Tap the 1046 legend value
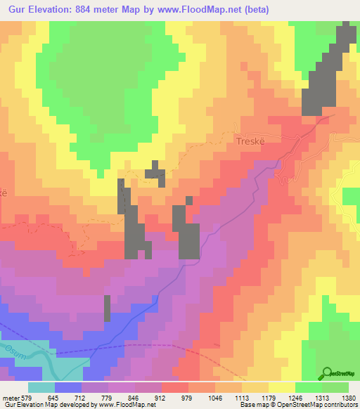click(226, 398)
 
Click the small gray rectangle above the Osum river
click(108, 308)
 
